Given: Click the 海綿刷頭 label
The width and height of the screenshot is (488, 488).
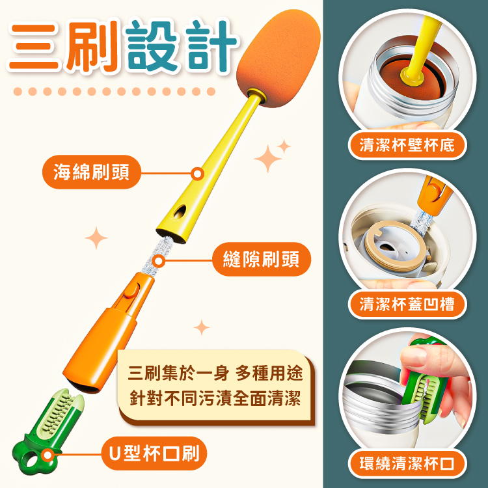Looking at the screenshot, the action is pyautogui.click(x=91, y=172).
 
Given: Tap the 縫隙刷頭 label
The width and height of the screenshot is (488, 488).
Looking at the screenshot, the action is pyautogui.click(x=262, y=259).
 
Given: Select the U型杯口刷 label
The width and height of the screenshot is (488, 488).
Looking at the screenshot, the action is pyautogui.click(x=154, y=453).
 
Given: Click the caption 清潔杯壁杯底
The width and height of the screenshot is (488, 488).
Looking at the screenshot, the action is pyautogui.click(x=407, y=145).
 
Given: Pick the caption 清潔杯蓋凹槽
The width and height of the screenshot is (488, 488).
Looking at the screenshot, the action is pyautogui.click(x=407, y=304).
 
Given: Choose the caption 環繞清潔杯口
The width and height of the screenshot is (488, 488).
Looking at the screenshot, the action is pyautogui.click(x=407, y=463).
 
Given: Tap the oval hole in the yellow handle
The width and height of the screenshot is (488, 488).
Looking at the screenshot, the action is pyautogui.click(x=180, y=211).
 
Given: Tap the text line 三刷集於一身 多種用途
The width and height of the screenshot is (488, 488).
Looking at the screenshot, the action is pyautogui.click(x=215, y=373).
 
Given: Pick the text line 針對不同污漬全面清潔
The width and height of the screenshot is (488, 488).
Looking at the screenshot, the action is pyautogui.click(x=215, y=398).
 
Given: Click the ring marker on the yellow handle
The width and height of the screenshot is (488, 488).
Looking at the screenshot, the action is pyautogui.click(x=197, y=174).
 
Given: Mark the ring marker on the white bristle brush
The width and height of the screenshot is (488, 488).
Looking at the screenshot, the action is pyautogui.click(x=159, y=261).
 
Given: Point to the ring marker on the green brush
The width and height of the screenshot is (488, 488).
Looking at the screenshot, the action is pyautogui.click(x=47, y=455).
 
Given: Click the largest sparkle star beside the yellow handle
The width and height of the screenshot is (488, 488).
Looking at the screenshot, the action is pyautogui.click(x=267, y=159).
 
